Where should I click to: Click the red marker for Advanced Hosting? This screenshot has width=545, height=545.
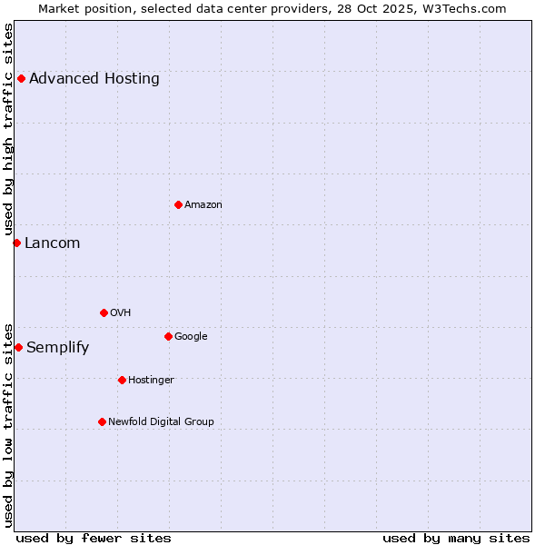[x=21, y=78]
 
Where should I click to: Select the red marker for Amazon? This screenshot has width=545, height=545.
[x=178, y=204]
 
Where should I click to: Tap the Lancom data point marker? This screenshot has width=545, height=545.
[x=16, y=243]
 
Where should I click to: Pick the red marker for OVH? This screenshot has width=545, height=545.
[x=104, y=312]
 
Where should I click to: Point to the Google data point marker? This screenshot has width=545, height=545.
[x=168, y=336]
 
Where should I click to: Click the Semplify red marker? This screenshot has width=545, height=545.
[x=18, y=347]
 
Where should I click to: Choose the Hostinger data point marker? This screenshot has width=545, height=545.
[x=122, y=380]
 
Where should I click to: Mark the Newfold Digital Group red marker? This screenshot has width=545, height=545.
[x=102, y=421]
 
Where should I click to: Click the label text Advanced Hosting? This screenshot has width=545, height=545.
[x=94, y=78]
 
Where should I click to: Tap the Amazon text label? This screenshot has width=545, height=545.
[x=203, y=204]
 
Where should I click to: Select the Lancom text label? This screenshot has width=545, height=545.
[x=52, y=243]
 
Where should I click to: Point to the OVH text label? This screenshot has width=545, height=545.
[x=121, y=312]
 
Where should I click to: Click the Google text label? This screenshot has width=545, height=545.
[x=191, y=336]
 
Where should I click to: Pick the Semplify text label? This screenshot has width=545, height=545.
[x=57, y=347]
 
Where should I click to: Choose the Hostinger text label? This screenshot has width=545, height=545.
[x=151, y=380]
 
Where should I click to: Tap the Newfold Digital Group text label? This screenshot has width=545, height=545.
[x=161, y=421]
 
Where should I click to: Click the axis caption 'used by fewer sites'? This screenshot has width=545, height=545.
[x=94, y=538]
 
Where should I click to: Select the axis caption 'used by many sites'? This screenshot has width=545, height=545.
[x=456, y=538]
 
